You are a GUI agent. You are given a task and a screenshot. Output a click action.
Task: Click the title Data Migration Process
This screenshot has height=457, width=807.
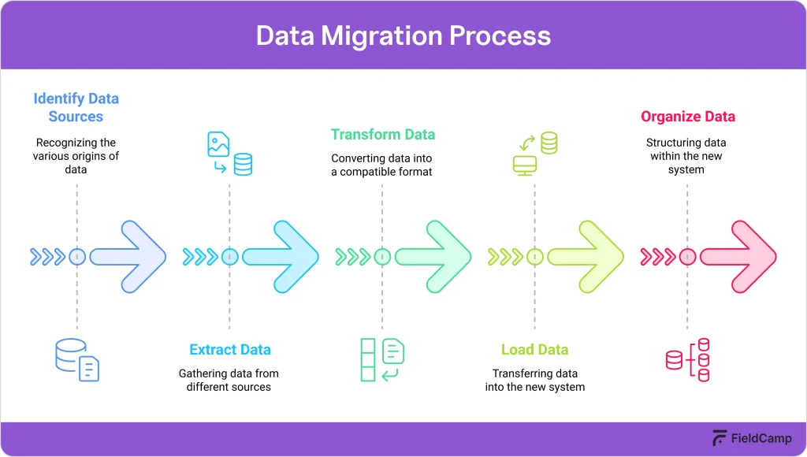click(x=403, y=36)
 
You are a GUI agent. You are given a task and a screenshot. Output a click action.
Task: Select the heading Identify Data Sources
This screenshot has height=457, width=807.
click(x=76, y=108)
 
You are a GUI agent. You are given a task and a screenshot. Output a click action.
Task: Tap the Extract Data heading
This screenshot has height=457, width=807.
click(x=229, y=350)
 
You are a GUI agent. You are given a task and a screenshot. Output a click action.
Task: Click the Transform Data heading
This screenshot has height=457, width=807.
click(x=382, y=134)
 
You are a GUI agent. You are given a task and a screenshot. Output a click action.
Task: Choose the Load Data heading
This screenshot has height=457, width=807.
click(x=534, y=350)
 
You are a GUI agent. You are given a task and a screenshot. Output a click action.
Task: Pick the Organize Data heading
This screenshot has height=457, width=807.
click(x=687, y=117)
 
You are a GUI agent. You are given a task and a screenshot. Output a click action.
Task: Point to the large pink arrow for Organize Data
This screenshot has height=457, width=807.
click(x=738, y=256)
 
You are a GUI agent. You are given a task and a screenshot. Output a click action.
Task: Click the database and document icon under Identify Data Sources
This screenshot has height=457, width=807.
click(x=77, y=360)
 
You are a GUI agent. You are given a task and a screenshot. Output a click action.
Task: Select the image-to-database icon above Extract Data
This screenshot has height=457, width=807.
click(x=229, y=154)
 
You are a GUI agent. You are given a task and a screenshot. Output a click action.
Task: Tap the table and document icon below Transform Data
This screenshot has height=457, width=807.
click(x=382, y=360)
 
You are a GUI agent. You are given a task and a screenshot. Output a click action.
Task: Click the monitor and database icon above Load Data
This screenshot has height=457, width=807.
click(x=534, y=154)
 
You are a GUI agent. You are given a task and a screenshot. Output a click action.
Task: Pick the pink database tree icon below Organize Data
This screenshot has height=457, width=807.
click(x=687, y=360)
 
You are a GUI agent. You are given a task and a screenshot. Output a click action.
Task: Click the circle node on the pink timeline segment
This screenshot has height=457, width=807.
click(x=687, y=256)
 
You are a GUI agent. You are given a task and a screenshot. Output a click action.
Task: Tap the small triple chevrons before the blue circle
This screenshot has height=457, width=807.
click(x=47, y=256)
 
